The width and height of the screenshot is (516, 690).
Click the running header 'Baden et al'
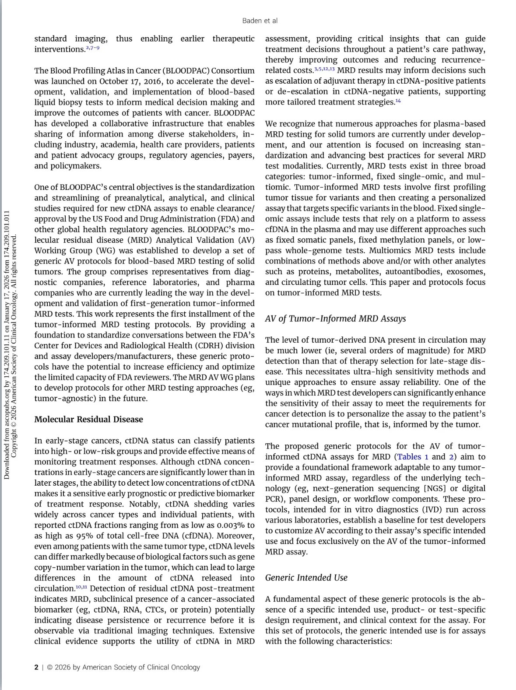(x=260, y=21)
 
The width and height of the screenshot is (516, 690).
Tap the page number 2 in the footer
(x=36, y=667)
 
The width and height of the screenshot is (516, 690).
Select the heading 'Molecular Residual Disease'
(x=88, y=419)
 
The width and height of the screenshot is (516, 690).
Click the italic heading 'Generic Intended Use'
(x=306, y=578)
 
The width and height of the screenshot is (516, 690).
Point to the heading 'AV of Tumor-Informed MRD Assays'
(x=335, y=319)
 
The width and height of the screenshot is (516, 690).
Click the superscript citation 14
(x=398, y=101)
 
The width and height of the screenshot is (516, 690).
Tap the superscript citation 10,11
(x=81, y=587)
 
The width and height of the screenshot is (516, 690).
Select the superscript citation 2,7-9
(x=92, y=48)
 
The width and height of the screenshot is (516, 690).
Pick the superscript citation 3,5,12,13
(x=324, y=69)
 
